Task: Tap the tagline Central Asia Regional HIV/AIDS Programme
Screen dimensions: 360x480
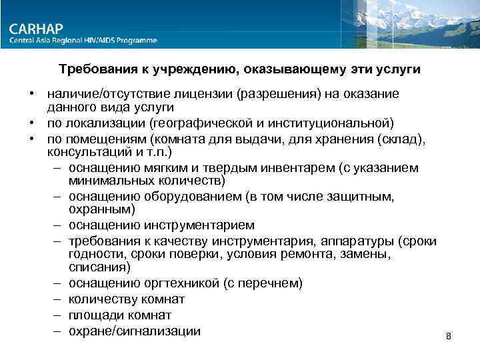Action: click(83, 41)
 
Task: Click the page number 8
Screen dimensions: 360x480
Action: click(449, 336)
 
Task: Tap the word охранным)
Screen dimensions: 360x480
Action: click(97, 210)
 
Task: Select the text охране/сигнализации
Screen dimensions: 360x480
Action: click(134, 330)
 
